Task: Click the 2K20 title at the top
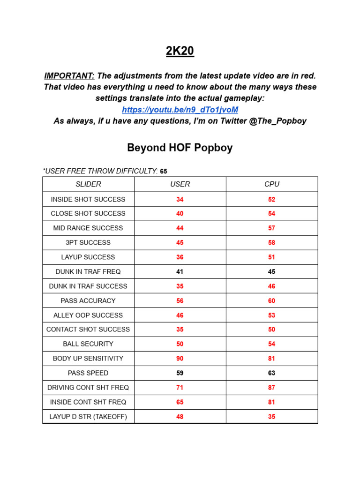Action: click(180, 51)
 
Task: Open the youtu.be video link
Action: click(180, 110)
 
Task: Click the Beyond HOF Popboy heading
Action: click(180, 148)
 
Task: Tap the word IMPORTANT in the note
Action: click(69, 76)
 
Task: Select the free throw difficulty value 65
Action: click(164, 172)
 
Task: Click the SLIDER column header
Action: click(88, 184)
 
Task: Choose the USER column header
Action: click(180, 184)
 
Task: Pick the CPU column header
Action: click(271, 184)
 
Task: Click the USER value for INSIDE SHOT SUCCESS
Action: click(180, 199)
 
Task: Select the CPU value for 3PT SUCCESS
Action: click(271, 243)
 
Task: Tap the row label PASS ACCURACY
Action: click(88, 300)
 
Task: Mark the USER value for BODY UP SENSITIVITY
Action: click(180, 359)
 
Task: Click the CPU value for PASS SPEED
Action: click(271, 373)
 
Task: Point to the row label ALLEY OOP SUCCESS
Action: click(88, 315)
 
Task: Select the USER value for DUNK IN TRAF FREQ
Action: click(180, 271)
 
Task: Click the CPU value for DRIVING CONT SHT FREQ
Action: click(271, 388)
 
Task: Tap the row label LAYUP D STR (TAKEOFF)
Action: click(88, 417)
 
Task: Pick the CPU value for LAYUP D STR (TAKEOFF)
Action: click(271, 417)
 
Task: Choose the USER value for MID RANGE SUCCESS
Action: click(180, 228)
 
